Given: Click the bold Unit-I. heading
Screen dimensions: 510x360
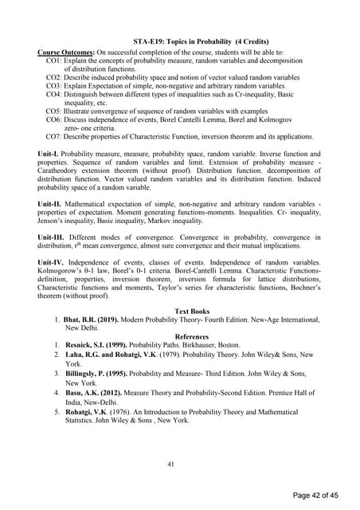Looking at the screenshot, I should (52, 152).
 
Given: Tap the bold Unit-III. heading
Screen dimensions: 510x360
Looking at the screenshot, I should (55, 237).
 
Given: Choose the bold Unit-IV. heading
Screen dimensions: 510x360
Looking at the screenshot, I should (55, 262).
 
